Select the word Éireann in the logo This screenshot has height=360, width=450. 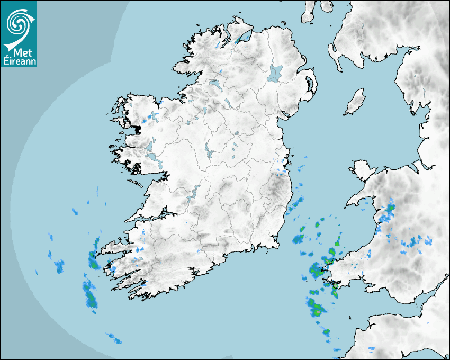(x=18, y=61)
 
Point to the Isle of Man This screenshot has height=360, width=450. (x=355, y=102)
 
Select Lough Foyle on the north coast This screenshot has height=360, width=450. (x=242, y=38)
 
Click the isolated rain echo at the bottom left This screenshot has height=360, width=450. (x=113, y=338)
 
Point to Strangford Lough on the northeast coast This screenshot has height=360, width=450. (x=310, y=85)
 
